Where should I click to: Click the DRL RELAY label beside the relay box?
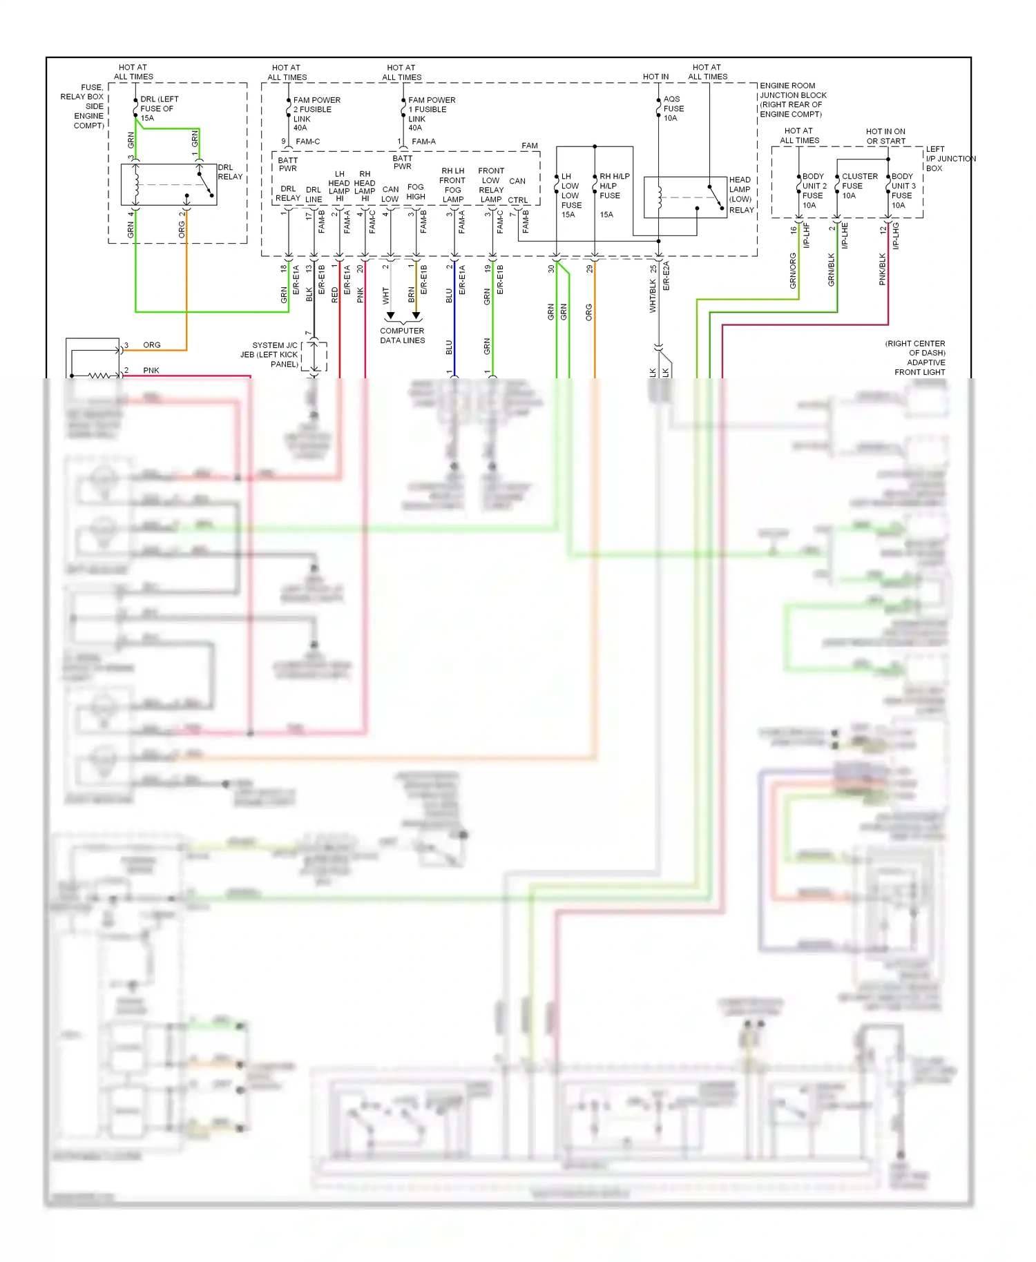pos(230,172)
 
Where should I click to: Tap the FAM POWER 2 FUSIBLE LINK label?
pos(316,114)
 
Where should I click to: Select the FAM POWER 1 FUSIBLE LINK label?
pos(431,114)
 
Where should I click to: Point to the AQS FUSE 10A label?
pos(673,108)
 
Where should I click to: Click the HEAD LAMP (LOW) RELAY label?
pos(741,195)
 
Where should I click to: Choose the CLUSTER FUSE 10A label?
pos(858,186)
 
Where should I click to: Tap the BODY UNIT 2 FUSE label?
pos(814,191)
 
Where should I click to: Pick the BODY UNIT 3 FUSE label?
pos(903,191)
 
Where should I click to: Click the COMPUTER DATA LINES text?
pos(402,336)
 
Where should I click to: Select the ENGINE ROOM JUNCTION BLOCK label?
pos(792,100)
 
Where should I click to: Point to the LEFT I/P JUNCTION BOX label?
pos(950,159)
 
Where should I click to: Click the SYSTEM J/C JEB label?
pos(274,354)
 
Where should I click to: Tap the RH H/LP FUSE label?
pos(613,186)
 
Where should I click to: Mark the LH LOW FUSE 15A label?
pos(570,195)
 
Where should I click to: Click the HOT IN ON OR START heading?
pos(885,136)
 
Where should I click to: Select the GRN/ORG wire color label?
pos(793,271)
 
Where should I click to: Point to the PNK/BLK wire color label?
pos(883,269)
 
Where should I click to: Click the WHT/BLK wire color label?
pos(653,296)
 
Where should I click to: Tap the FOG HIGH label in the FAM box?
pos(415,192)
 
